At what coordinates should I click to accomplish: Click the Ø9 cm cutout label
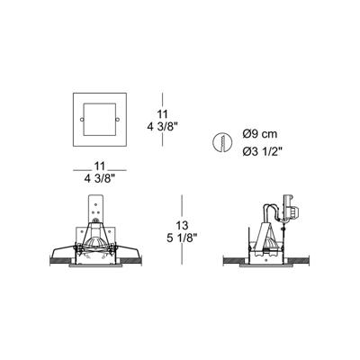pos(260,133)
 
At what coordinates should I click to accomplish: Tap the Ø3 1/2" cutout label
pos(262,152)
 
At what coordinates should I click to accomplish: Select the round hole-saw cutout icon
pos(222,141)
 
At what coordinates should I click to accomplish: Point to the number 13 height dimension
pos(182,225)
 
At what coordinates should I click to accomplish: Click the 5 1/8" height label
pos(182,238)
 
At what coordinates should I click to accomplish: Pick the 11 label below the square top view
pos(99,166)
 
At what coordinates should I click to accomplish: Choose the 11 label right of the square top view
pos(162,114)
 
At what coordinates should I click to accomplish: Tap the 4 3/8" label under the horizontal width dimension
pos(100,179)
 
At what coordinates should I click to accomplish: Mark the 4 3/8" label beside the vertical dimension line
pos(162,127)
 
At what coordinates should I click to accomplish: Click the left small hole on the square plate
pos(82,120)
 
